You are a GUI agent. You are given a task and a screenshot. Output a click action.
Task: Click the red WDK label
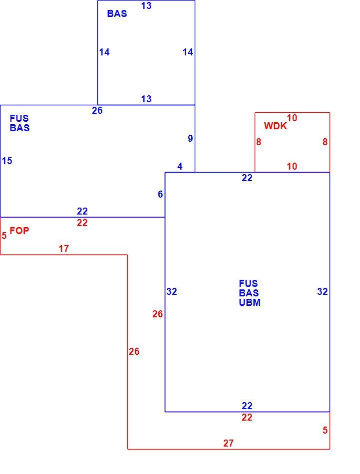[275, 126]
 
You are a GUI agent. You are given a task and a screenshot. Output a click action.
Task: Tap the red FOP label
[19, 231]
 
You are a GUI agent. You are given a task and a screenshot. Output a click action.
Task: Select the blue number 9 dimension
[190, 138]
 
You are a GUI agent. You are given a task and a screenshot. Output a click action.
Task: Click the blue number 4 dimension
[180, 166]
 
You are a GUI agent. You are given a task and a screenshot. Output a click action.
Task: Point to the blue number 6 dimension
[160, 194]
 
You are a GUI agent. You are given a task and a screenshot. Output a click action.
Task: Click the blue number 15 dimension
[7, 161]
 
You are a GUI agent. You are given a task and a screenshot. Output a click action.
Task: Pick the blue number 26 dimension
[97, 110]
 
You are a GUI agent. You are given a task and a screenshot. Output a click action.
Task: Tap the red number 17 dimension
[63, 248]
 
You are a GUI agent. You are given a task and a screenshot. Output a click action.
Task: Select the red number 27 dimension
[228, 443]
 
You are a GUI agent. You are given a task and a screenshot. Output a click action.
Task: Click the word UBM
[250, 302]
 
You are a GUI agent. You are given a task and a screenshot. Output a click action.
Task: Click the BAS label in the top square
[117, 13]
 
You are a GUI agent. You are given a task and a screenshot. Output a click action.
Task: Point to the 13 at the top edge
[146, 6]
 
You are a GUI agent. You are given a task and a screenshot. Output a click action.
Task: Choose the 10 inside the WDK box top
[292, 118]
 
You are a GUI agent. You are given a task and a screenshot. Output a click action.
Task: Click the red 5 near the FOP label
[4, 236]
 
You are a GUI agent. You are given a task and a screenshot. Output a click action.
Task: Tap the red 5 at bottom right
[325, 430]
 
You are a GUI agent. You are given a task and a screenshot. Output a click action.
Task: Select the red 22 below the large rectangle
[247, 417]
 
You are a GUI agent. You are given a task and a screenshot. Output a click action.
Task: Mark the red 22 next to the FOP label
[82, 223]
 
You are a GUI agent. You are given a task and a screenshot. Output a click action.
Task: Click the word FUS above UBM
[248, 283]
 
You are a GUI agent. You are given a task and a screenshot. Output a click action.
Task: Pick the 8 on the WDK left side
[258, 142]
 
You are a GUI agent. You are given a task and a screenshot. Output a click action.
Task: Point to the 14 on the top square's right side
[188, 52]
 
